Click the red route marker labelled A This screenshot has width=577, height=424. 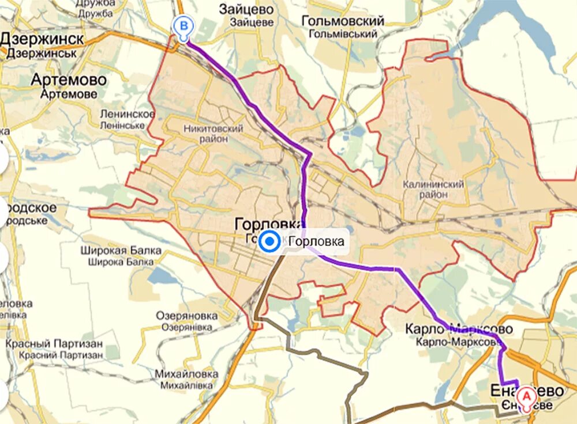[x=526, y=396]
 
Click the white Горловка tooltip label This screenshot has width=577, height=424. [x=316, y=242]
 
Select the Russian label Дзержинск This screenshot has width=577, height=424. [x=42, y=39]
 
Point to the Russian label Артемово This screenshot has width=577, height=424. [x=69, y=79]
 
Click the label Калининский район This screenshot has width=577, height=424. [x=433, y=189]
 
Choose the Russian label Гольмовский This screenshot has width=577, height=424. [x=343, y=21]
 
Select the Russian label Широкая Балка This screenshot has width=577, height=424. [x=121, y=251]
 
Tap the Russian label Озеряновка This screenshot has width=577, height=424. [x=187, y=315]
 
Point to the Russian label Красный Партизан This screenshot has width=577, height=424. [x=54, y=343]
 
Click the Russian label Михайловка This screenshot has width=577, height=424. [x=186, y=373]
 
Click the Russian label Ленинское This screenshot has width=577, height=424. [x=127, y=114]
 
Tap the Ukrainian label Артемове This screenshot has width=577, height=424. [x=69, y=94]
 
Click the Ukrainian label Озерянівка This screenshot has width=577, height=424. [x=187, y=327]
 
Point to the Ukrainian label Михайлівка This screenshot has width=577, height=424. [x=186, y=385]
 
